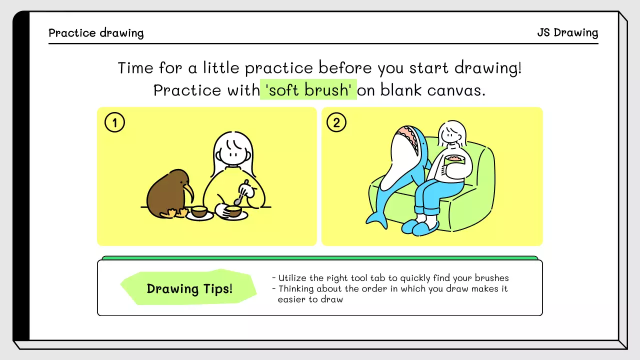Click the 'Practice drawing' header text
pyautogui.click(x=96, y=33)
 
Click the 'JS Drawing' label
pyautogui.click(x=567, y=33)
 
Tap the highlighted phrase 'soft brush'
pyautogui.click(x=308, y=90)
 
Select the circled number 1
pyautogui.click(x=114, y=122)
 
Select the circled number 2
pyautogui.click(x=336, y=122)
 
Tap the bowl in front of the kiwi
pyautogui.click(x=199, y=212)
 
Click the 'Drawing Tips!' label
pyautogui.click(x=189, y=288)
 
